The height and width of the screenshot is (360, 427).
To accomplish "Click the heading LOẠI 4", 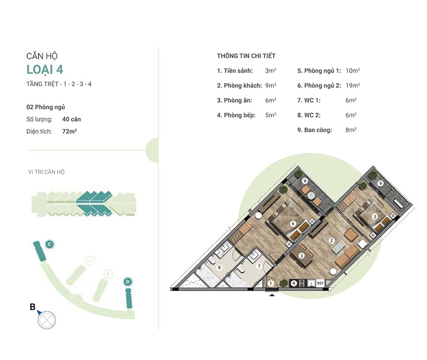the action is pos(45,69).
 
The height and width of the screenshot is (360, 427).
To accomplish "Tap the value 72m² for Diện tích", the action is pos(69,131).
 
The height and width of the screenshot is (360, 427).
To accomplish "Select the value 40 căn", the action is pos(71,119).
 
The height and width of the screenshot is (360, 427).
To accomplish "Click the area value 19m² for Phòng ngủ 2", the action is pos(352,85).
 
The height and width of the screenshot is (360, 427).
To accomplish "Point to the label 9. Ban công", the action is pos(315,130).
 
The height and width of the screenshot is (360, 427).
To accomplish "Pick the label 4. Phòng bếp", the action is pos(236,115).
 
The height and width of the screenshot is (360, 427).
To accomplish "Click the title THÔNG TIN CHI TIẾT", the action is pos(246,56).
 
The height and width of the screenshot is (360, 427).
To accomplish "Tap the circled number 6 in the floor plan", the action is pos(293,224).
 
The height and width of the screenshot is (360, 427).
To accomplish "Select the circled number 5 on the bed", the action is pos(375,217).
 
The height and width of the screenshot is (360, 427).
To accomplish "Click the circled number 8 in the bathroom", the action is pos(219,267).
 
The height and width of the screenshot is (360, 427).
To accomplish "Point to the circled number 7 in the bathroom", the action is pos(259,266).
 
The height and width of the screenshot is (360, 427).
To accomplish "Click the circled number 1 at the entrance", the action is pos(270,283).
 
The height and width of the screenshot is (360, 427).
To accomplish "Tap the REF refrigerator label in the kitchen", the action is pos(320,283).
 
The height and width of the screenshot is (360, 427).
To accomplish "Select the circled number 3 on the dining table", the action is pos(301,256).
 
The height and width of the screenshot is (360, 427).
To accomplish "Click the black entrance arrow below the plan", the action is pos(272,294).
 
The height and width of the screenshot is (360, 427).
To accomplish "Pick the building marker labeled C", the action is pos(49,244).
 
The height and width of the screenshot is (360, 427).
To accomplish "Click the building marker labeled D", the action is pos(127,282).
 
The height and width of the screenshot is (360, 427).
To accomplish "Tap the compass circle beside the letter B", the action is pos(46,320).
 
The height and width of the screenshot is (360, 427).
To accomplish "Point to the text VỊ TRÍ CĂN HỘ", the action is pos(46,172).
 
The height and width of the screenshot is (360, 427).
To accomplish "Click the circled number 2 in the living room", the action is pos(331,240).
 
